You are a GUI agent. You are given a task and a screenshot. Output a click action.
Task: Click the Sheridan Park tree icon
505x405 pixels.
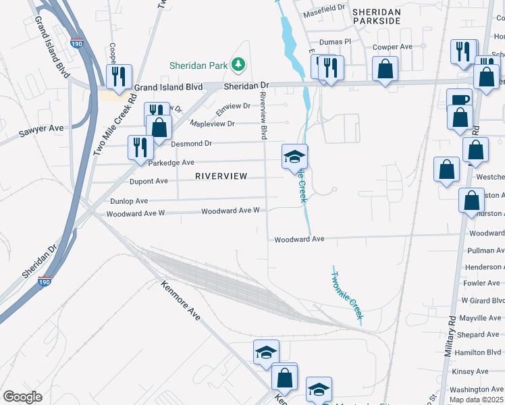pos(238,65)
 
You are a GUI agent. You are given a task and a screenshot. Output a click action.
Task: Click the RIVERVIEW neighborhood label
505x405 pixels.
pos(221,175)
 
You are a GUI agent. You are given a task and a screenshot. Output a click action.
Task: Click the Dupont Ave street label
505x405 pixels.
pos(148,181)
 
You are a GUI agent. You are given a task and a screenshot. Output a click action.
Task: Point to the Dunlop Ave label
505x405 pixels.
pos(128,201)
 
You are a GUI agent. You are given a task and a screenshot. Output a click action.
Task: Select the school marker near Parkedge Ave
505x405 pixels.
pos(295,157)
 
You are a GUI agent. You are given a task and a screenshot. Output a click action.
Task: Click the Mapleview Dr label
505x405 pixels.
pos(212,124)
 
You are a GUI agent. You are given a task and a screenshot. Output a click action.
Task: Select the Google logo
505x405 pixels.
pos(23,396)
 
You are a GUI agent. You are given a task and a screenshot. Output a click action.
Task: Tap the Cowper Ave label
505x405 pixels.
pos(392,47)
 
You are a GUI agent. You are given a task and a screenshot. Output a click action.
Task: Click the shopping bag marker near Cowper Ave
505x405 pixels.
pos(385,69)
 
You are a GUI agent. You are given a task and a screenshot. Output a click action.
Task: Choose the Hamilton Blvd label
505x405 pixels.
pos(479,352)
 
